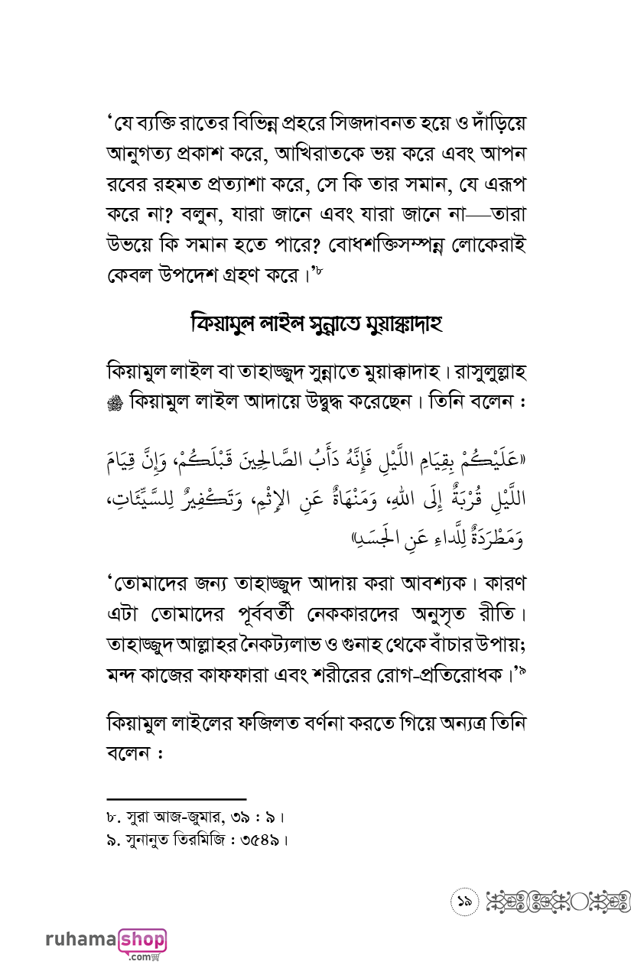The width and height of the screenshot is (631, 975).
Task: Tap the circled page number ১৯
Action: (463, 902)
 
